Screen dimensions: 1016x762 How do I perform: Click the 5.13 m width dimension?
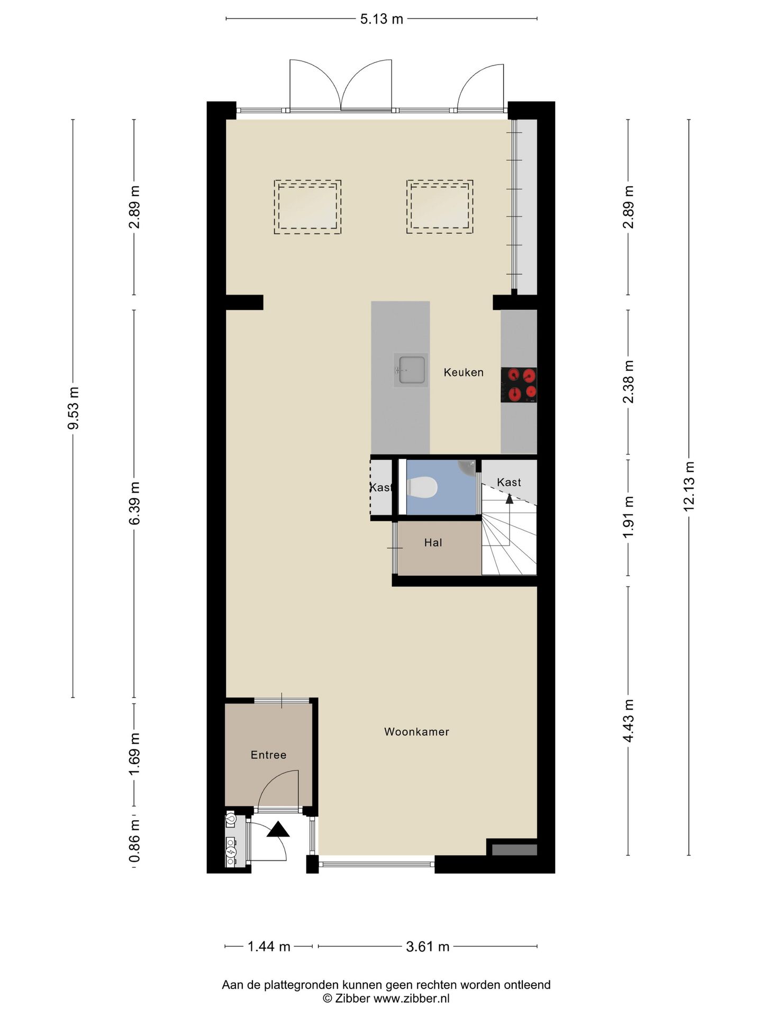click(382, 19)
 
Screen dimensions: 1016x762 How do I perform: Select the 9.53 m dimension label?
click(73, 408)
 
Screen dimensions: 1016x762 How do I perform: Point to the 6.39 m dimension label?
click(134, 503)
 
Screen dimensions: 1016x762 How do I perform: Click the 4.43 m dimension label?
click(628, 720)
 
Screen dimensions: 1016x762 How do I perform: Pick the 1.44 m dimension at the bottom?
click(269, 946)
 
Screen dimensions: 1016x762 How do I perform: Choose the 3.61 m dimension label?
click(428, 946)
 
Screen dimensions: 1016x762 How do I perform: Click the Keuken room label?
click(464, 373)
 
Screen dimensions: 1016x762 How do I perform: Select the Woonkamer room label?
click(416, 732)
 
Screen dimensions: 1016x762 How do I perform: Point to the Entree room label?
click(268, 755)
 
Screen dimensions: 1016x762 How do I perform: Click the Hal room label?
click(433, 542)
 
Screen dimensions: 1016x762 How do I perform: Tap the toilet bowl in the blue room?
click(422, 487)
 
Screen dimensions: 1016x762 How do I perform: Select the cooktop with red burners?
click(519, 385)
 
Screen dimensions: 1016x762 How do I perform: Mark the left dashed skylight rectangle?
click(307, 207)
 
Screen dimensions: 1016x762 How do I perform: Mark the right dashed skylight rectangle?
click(440, 207)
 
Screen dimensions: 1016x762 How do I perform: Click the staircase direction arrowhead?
click(509, 498)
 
